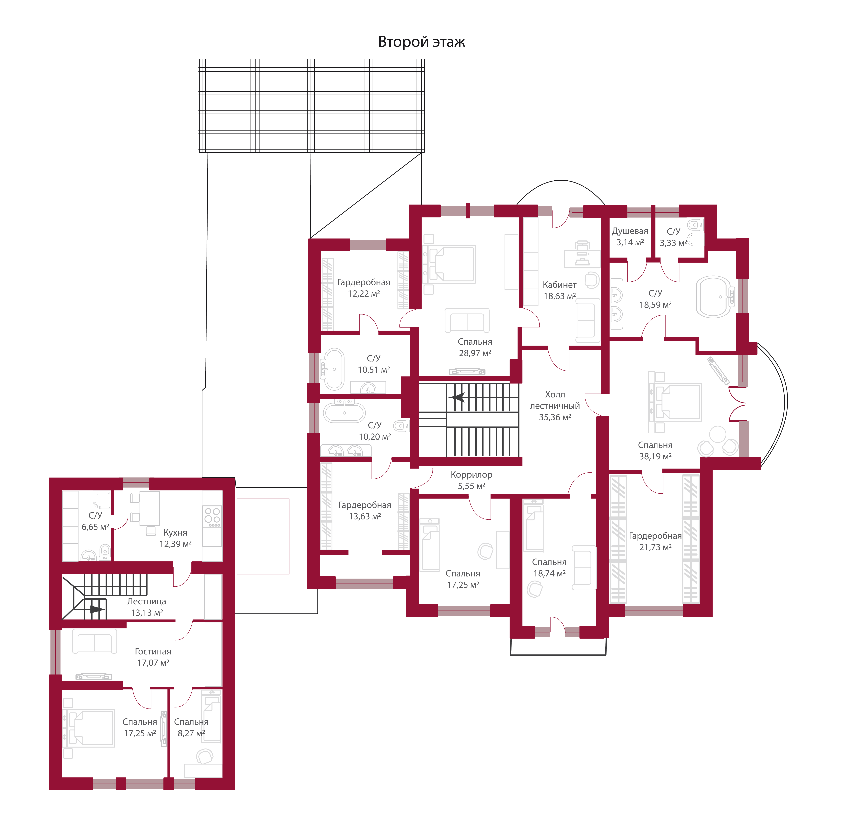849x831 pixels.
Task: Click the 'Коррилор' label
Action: coord(471,474)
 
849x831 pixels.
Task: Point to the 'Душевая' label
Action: coord(630,231)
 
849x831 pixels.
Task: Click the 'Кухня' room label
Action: coord(175,532)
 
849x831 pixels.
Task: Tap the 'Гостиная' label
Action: coord(153,651)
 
